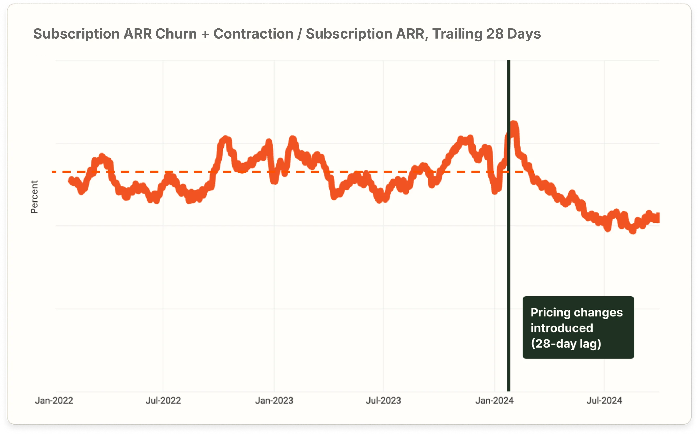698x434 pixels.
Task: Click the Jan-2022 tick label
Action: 54,400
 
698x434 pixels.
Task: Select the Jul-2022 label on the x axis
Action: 163,400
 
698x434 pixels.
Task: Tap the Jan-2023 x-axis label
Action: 274,400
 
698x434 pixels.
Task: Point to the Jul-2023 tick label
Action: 383,400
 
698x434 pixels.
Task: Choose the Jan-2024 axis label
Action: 494,400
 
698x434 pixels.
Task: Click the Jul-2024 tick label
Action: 604,400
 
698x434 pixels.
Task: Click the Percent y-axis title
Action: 34,197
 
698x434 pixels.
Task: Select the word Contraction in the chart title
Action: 253,34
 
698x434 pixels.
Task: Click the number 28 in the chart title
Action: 495,34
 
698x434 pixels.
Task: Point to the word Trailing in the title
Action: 457,34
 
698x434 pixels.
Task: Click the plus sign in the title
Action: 205,34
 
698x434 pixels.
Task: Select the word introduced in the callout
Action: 562,328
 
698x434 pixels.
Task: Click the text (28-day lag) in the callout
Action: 566,344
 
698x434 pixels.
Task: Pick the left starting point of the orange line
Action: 70,180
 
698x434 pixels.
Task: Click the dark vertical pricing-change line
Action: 509,258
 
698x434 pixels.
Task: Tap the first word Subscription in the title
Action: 76,34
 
